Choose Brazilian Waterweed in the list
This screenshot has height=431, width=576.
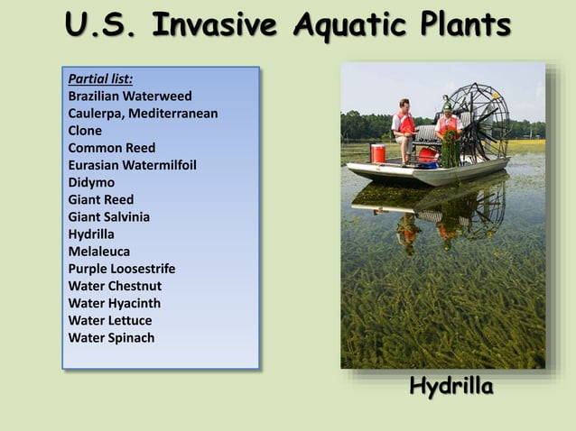pos(130,96)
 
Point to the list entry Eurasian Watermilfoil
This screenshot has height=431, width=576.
pos(132,165)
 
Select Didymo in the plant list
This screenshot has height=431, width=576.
pos(91,182)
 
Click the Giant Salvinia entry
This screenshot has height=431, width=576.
pos(109,217)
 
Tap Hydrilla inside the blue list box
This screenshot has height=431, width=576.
pos(91,234)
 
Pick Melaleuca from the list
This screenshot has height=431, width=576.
pos(99,252)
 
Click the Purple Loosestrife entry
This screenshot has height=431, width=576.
pos(122,269)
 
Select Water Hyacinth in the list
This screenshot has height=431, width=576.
pos(115,304)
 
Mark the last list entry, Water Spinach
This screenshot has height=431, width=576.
pos(111,338)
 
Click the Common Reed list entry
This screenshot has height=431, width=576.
pos(112,148)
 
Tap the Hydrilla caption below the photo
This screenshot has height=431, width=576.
pos(451,387)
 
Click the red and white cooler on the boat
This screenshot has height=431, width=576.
pos(377,153)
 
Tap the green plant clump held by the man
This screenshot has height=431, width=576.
pos(449,149)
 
